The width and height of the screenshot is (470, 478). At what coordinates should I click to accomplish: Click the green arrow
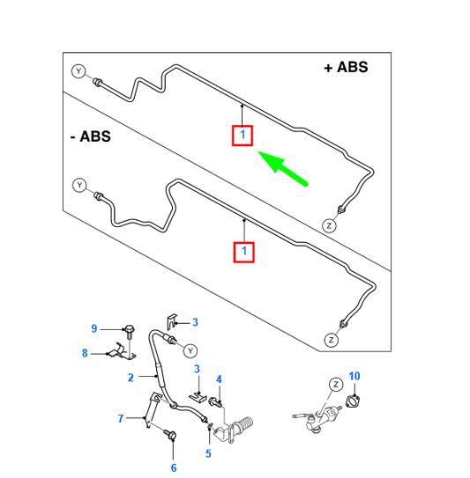pos(283,168)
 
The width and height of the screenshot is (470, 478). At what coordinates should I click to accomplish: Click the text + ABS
pos(346,68)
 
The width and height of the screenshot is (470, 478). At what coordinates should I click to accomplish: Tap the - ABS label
pos(91,136)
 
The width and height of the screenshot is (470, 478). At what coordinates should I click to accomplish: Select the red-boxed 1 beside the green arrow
pos(242,136)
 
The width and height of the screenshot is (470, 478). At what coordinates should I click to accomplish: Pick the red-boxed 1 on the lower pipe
pos(243,252)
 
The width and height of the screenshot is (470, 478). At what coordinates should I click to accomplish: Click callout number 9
pos(94,328)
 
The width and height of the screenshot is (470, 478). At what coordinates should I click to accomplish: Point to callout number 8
pos(85,353)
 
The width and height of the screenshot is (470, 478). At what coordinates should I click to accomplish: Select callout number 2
pos(131,378)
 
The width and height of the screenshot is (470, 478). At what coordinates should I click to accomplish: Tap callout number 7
pos(121,418)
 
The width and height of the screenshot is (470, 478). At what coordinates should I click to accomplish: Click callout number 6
pos(174,467)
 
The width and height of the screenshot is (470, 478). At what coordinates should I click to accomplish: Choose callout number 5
pos(208,453)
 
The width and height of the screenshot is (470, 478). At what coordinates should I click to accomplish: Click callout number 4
pos(219,379)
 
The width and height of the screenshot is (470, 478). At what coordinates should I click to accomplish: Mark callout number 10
pos(354,376)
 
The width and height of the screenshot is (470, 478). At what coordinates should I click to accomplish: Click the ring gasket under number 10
pos(353,401)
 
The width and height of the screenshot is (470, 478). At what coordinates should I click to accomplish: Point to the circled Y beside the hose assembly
pos(190,351)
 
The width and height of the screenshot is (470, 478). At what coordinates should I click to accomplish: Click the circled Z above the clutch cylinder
pos(336,385)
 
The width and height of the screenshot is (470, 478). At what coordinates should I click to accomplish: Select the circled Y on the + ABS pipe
pos(78,71)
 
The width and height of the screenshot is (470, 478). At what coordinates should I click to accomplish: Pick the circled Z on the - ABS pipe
pos(331,340)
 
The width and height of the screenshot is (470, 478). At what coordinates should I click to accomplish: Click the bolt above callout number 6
pos(169,434)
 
